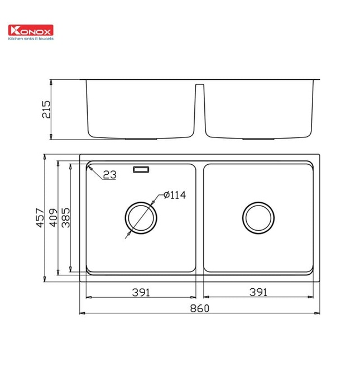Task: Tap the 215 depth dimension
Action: [x=46, y=109]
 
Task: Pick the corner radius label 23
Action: [x=109, y=175]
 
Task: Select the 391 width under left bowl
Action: [x=141, y=292]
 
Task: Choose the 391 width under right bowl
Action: [x=258, y=292]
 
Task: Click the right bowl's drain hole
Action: [x=258, y=217]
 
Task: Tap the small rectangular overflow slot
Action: [x=141, y=169]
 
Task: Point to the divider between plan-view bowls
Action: [x=200, y=218]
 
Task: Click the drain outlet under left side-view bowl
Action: [x=141, y=138]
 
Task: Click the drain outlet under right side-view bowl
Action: [x=260, y=138]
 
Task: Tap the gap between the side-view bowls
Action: [x=200, y=112]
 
